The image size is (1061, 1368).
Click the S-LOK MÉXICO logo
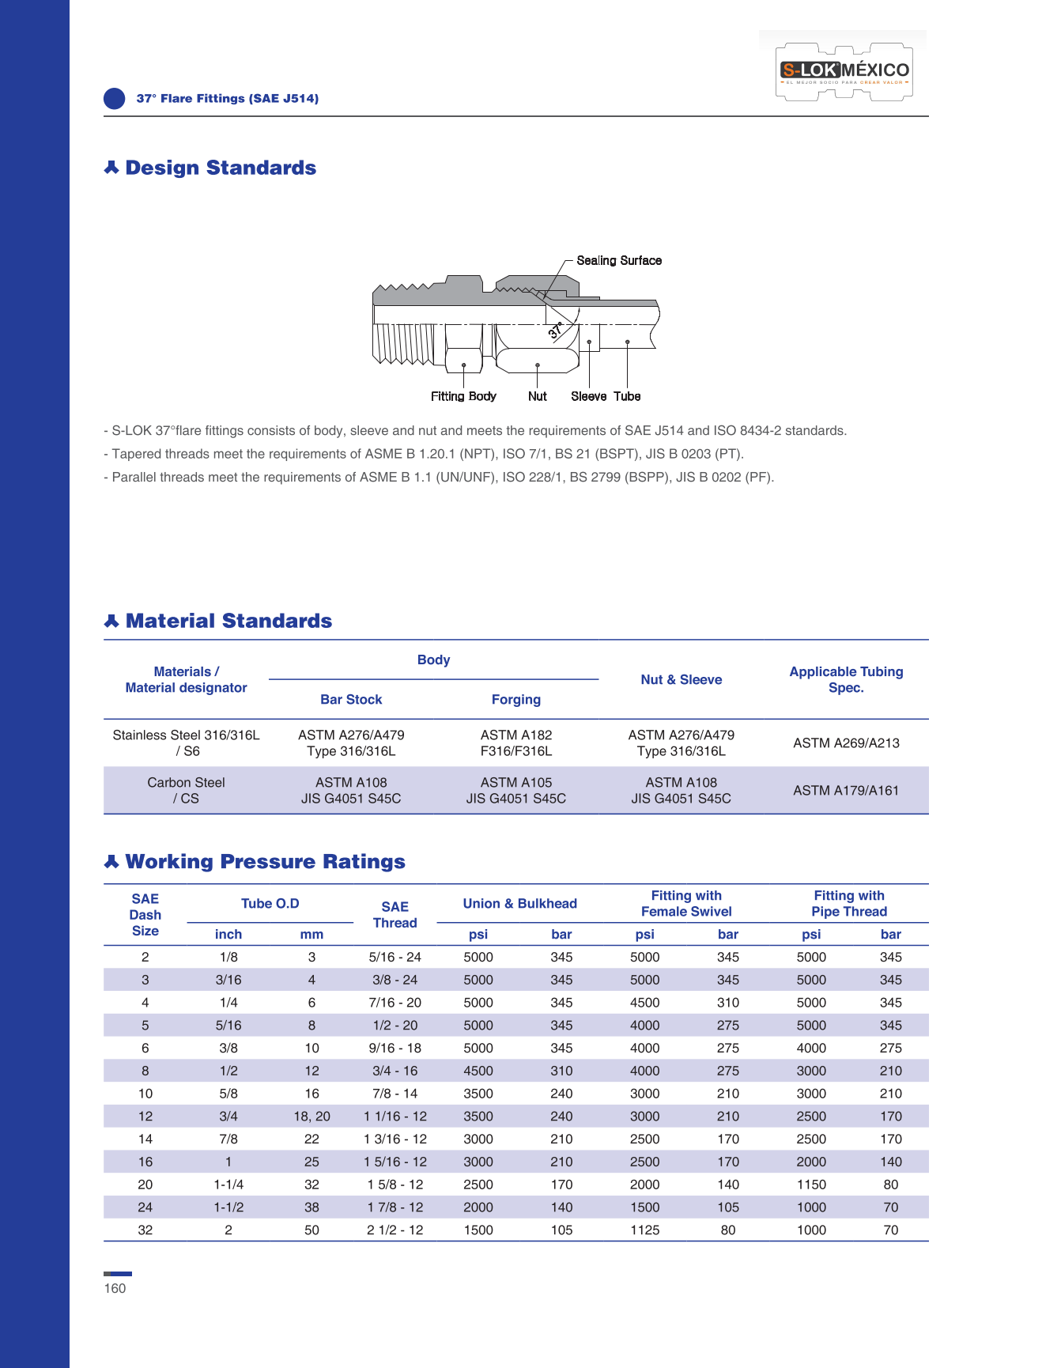[x=844, y=70]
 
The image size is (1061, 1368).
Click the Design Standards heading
[x=221, y=168]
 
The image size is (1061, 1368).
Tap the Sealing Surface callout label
[x=619, y=260]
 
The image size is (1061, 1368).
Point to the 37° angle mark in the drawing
[x=556, y=331]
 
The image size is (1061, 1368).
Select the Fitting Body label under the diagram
[x=463, y=396]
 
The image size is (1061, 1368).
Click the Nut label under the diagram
[x=538, y=396]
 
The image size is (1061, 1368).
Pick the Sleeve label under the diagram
[x=589, y=396]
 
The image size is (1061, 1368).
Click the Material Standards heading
[x=228, y=621]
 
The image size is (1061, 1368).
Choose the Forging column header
[x=516, y=699]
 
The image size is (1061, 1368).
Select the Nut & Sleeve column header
[x=681, y=679]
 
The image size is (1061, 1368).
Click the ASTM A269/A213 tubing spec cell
[x=846, y=743]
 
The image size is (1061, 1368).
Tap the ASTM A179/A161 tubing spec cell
[x=846, y=790]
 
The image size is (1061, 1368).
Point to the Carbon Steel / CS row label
[x=186, y=790]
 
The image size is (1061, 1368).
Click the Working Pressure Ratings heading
[x=265, y=861]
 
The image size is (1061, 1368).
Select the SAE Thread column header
[x=395, y=915]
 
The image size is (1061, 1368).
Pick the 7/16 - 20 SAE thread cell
[x=395, y=1003]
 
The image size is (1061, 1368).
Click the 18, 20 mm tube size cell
[x=312, y=1117]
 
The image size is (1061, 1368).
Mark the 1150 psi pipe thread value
[x=811, y=1185]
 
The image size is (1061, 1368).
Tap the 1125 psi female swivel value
[x=644, y=1230]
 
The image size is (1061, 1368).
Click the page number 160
[x=115, y=1288]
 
